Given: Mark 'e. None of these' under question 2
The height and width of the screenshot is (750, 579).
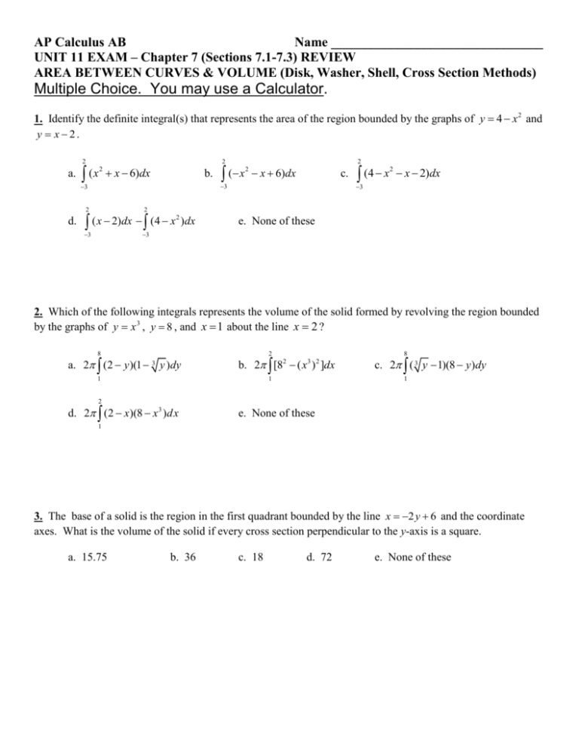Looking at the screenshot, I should coord(261,413).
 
